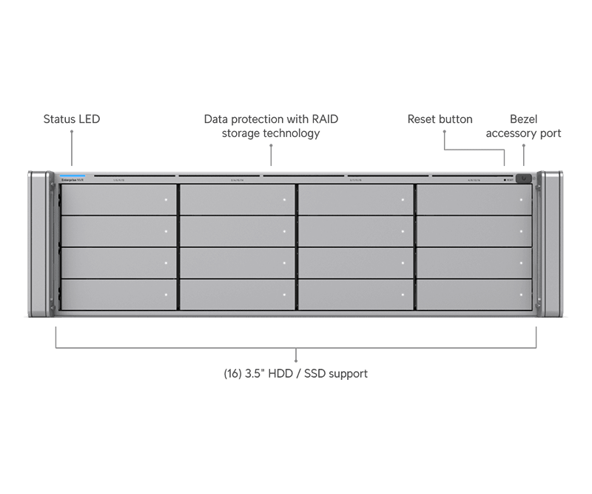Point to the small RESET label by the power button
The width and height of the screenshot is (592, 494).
[x=512, y=179]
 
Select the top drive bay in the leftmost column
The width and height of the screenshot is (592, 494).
[x=118, y=199]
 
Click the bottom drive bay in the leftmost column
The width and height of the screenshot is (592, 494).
[x=118, y=295]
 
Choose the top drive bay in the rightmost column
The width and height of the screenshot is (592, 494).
[x=474, y=199]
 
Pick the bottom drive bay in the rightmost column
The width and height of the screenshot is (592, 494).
[x=474, y=295]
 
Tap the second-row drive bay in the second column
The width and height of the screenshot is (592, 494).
[x=237, y=231]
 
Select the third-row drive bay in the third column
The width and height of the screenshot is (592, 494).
[x=355, y=263]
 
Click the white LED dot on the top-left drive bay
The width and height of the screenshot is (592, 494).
[x=167, y=200]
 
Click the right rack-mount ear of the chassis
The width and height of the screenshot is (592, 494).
[x=552, y=244]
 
